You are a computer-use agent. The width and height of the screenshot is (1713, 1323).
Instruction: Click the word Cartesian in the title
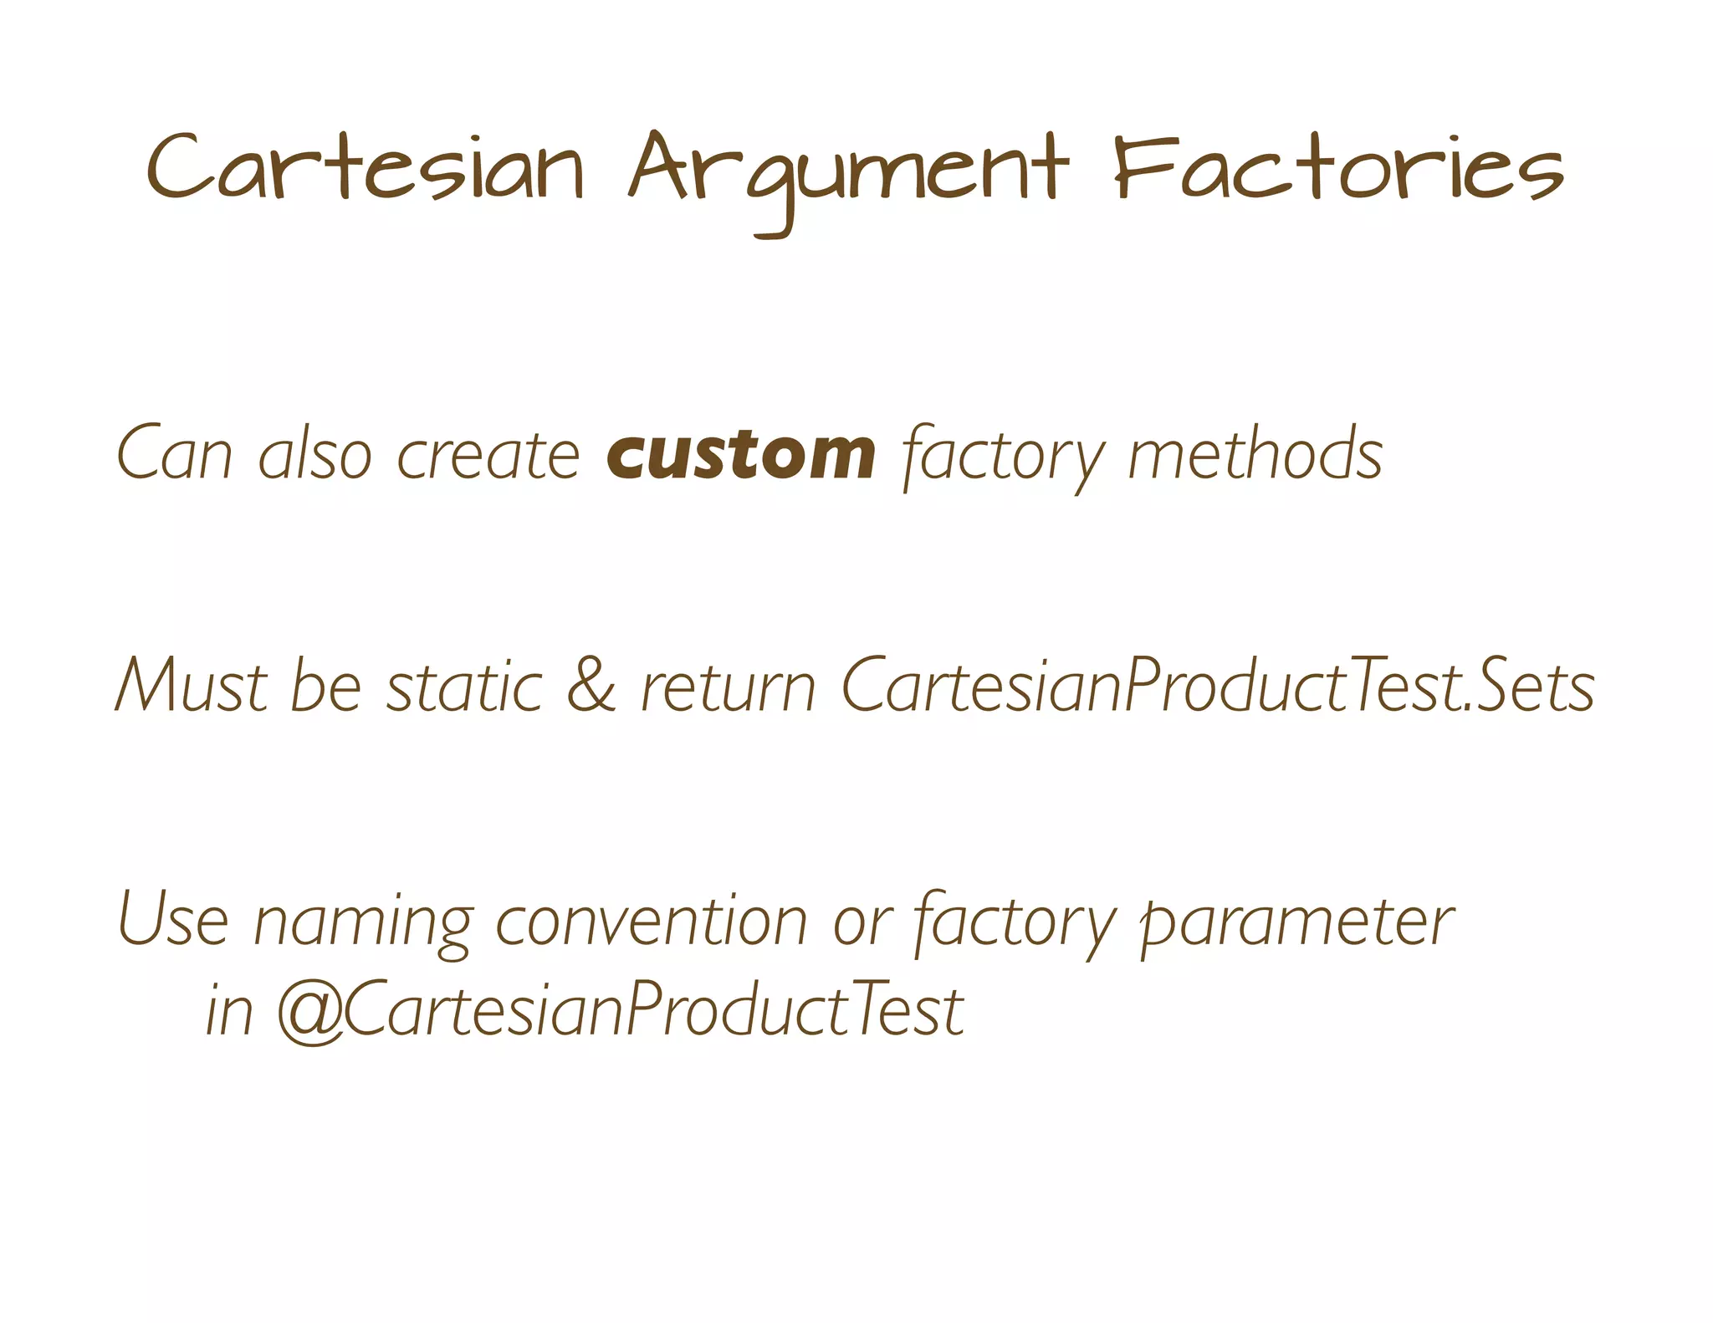366,167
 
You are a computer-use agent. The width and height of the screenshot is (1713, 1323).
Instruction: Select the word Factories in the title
1338,167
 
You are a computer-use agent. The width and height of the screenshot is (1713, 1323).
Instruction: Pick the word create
488,456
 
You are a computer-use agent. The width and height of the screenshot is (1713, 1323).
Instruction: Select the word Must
191,687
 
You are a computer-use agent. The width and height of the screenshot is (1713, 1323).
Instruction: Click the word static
464,687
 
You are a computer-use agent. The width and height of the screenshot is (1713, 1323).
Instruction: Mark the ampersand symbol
591,687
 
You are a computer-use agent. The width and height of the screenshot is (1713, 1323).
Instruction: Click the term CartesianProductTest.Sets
1217,687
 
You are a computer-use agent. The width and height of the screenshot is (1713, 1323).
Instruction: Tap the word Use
173,919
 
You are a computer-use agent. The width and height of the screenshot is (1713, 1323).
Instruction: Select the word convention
652,921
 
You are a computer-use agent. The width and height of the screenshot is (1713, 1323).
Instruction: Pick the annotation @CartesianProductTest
620,1010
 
